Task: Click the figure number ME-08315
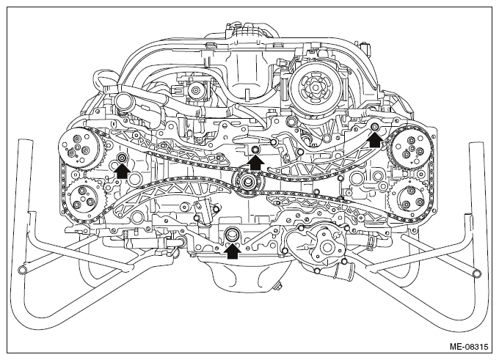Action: pyautogui.click(x=468, y=346)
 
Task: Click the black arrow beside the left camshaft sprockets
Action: pyautogui.click(x=122, y=171)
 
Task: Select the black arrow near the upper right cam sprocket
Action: pyautogui.click(x=375, y=139)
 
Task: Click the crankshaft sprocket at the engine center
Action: pyautogui.click(x=247, y=182)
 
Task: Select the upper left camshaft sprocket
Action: pyautogui.click(x=81, y=149)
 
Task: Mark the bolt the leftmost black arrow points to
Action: pyautogui.click(x=122, y=158)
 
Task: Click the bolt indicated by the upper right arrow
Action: pyautogui.click(x=374, y=127)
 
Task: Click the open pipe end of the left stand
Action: pyautogui.click(x=23, y=270)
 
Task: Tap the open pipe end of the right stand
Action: pyautogui.click(x=476, y=273)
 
